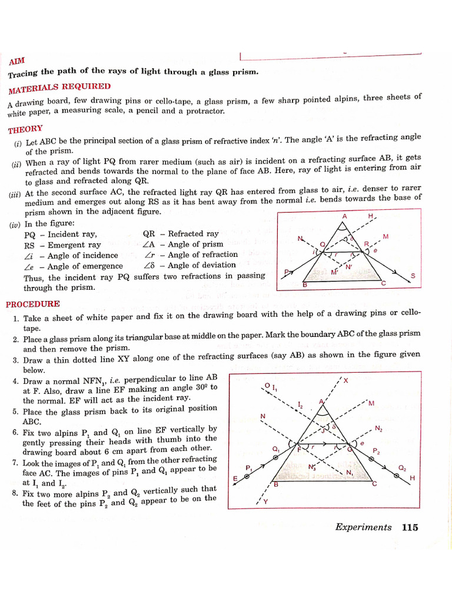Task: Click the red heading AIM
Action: (x=17, y=61)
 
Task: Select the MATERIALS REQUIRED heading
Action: (x=59, y=88)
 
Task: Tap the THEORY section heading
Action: (x=25, y=129)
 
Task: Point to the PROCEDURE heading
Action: (x=33, y=304)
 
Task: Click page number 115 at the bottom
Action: (x=410, y=527)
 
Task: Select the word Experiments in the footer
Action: (x=363, y=527)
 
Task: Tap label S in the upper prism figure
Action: (x=413, y=276)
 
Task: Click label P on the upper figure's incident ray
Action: (x=286, y=272)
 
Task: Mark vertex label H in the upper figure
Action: (x=371, y=216)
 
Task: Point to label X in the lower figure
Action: (x=345, y=380)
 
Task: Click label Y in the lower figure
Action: (x=265, y=501)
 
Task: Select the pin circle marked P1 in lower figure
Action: (x=247, y=477)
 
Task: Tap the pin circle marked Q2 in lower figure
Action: (x=394, y=474)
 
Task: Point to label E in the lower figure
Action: (x=235, y=479)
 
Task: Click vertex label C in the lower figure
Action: (x=374, y=484)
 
